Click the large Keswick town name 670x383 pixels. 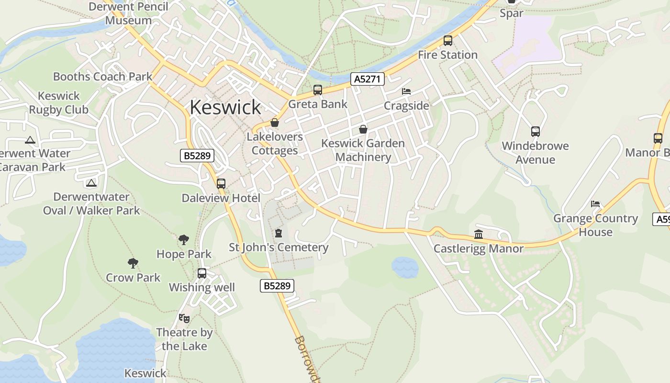pos(225,107)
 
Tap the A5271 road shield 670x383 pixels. pos(368,79)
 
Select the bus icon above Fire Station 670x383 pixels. pos(448,41)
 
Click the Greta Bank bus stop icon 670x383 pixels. pos(318,90)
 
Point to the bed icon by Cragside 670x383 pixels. pos(406,91)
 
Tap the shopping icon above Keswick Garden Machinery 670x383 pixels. pos(363,129)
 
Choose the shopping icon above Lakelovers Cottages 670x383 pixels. pos(275,123)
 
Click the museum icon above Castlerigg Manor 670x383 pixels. pos(479,234)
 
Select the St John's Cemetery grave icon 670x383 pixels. pos(279,233)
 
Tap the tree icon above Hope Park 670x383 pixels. pos(184,239)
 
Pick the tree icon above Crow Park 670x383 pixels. pos(133,263)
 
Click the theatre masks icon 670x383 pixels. pos(184,318)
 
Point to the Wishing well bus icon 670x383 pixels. pos(202,273)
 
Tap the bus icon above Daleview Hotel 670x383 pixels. pos(221,183)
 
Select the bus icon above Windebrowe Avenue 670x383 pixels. pos(536,132)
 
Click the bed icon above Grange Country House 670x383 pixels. pos(595,204)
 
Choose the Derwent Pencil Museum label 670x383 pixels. pos(129,13)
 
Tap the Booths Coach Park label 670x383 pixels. pos(102,77)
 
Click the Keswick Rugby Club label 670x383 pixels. pos(58,102)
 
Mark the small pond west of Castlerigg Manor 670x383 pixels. pos(405,267)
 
